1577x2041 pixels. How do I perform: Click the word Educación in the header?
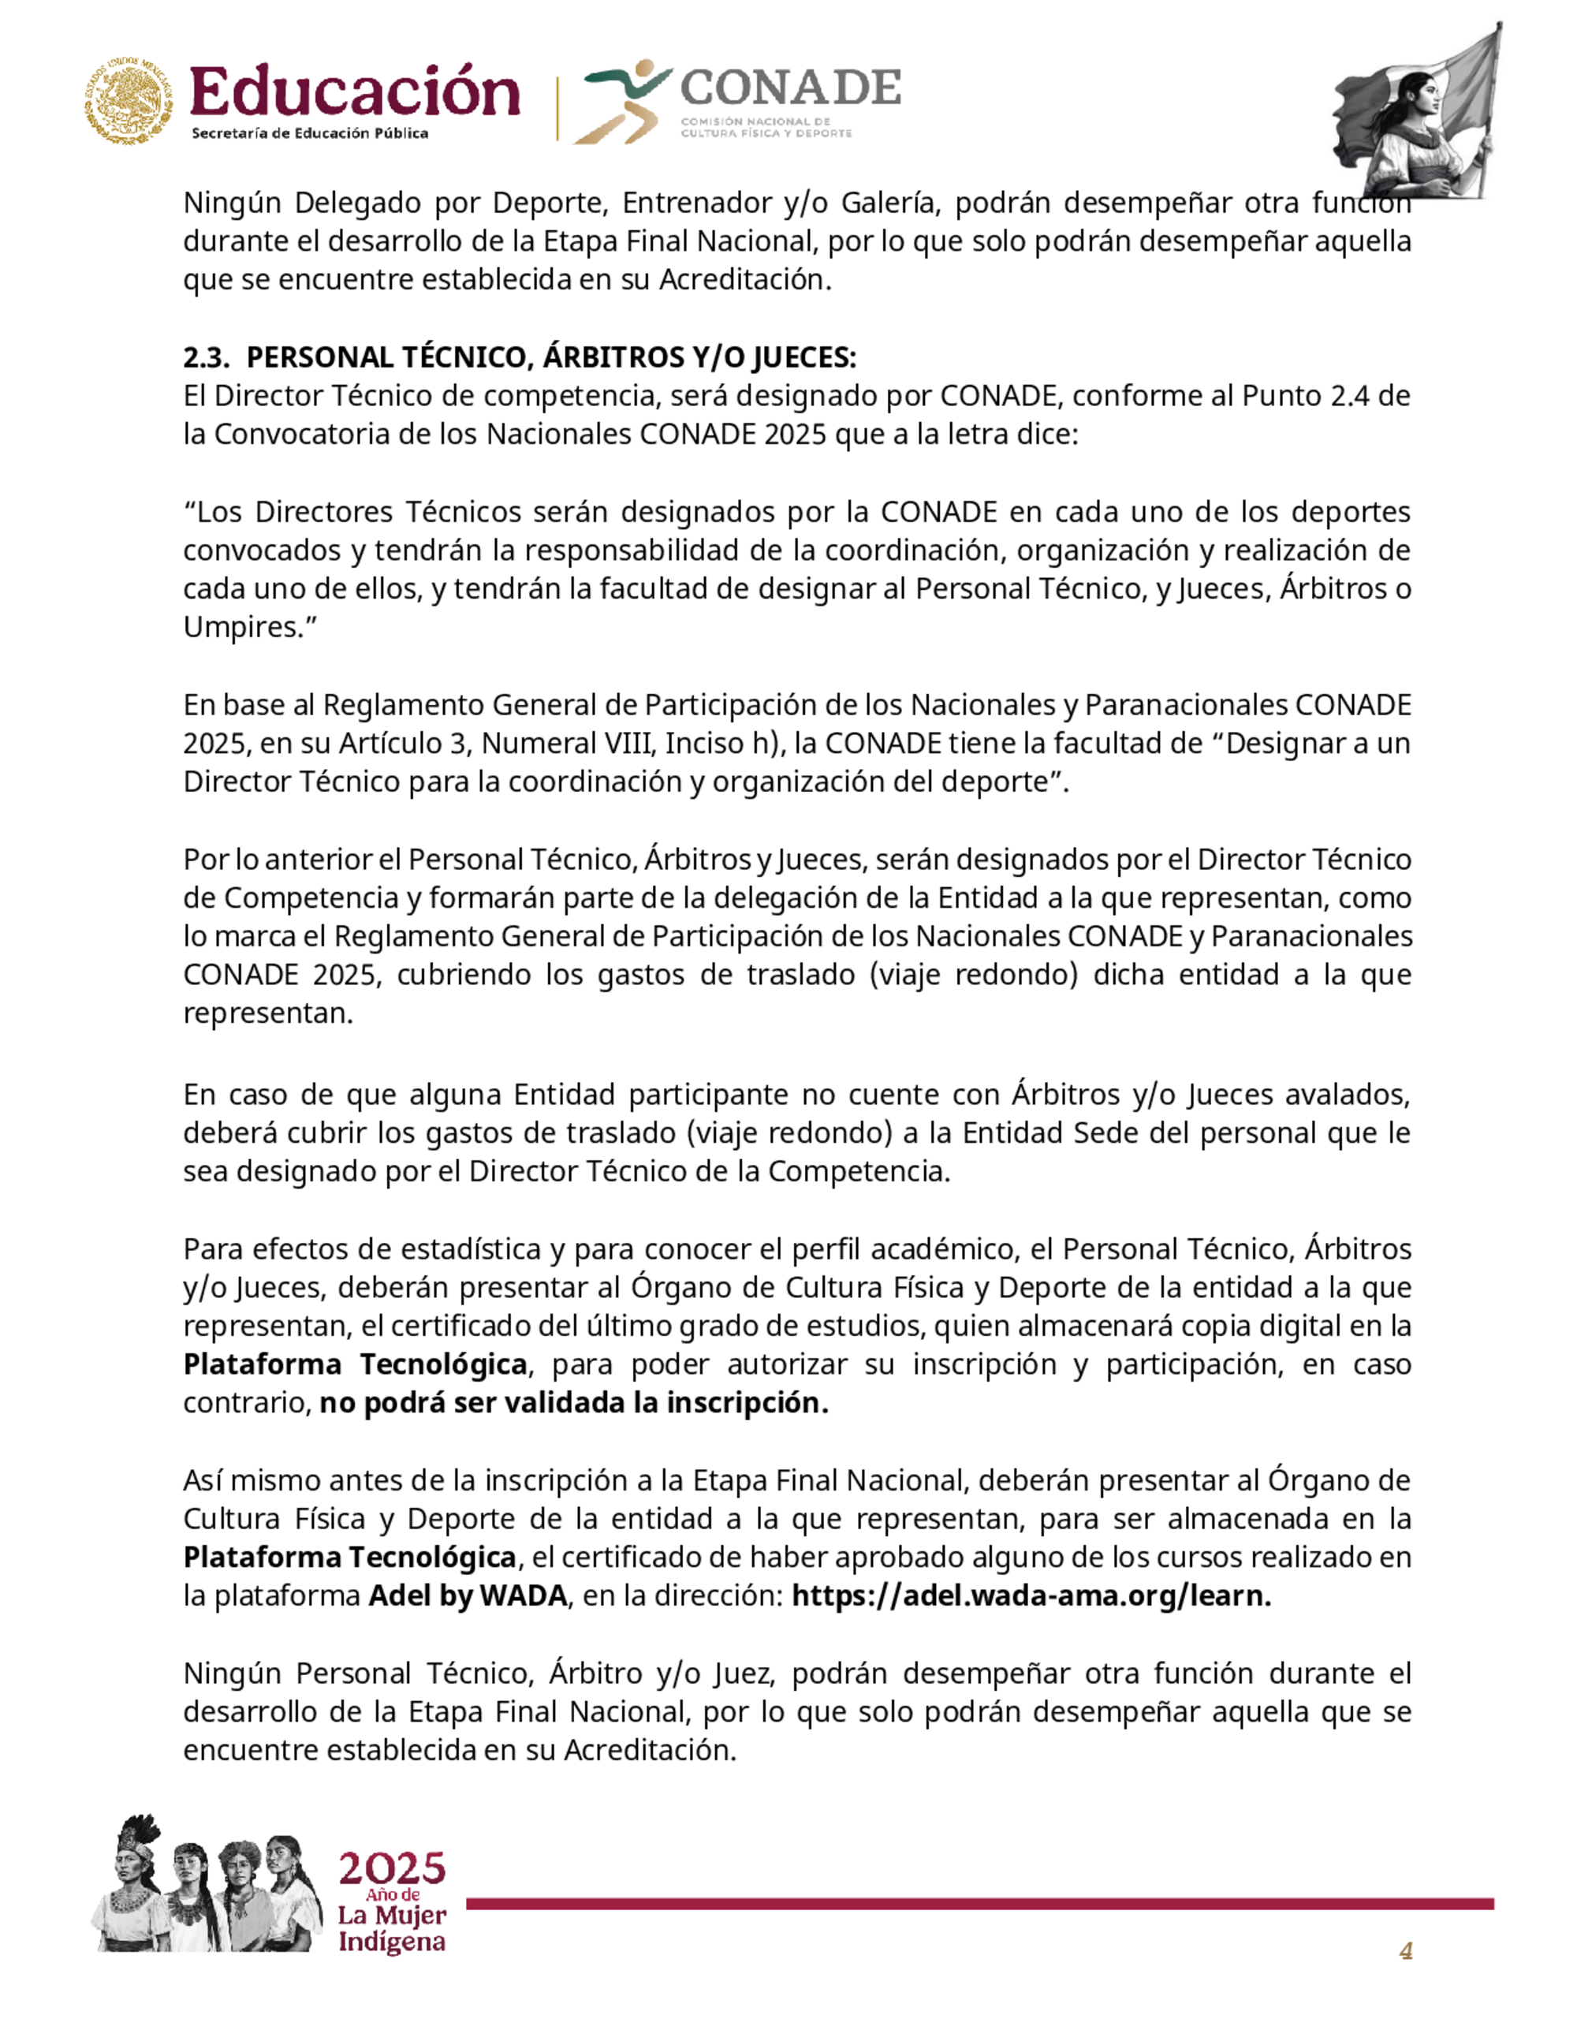pos(354,93)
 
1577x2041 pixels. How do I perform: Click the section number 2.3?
pos(204,358)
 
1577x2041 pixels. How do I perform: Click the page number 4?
pos(1405,1950)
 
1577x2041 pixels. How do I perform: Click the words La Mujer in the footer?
pos(391,1916)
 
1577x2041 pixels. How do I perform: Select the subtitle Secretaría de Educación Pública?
pos(309,133)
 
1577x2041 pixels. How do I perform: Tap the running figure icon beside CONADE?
pos(623,101)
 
